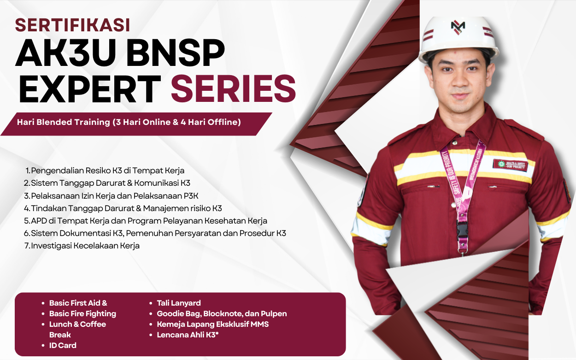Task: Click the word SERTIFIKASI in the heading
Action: point(72,25)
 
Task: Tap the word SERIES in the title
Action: point(233,89)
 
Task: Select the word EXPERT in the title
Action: point(90,89)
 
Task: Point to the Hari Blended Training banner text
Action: point(129,123)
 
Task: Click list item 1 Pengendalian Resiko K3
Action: point(105,171)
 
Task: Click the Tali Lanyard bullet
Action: point(179,303)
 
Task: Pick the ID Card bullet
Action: point(63,345)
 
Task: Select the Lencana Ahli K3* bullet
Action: point(188,335)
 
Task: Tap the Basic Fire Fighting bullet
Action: point(82,313)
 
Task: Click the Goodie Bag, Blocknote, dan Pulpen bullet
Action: point(222,313)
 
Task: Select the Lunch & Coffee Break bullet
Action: point(77,329)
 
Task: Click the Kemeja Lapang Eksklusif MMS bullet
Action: point(212,324)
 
